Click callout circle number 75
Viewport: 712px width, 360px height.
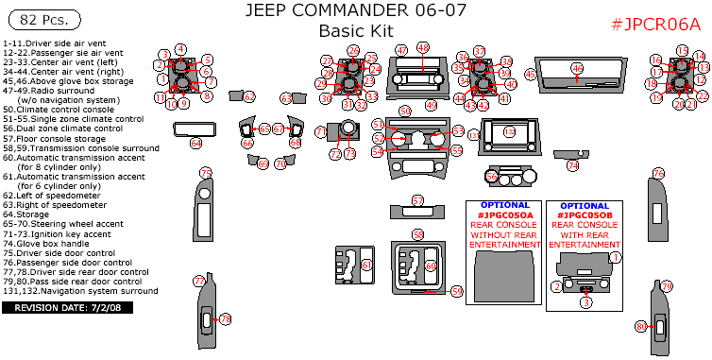205,172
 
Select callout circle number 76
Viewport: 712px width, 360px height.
658,173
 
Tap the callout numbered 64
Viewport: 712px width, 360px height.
195,143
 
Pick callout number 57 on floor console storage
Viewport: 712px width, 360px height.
418,200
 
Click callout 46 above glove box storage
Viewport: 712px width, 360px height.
577,68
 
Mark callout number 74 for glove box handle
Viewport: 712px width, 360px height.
572,164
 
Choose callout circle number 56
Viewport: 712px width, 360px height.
491,176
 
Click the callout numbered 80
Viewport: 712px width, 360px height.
641,326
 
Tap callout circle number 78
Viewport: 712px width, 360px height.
225,320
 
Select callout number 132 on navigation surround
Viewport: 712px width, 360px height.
510,133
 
